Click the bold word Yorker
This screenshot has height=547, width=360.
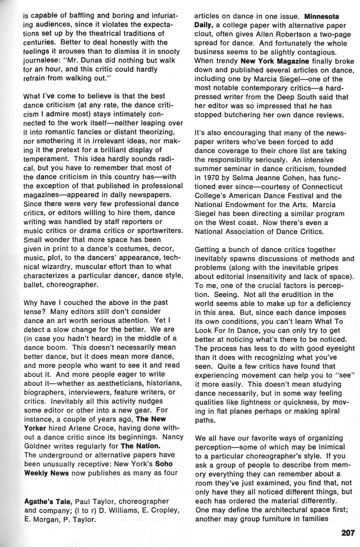[36, 428]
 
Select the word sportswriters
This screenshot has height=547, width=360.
[159, 230]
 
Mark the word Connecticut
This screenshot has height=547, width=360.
[314, 187]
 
